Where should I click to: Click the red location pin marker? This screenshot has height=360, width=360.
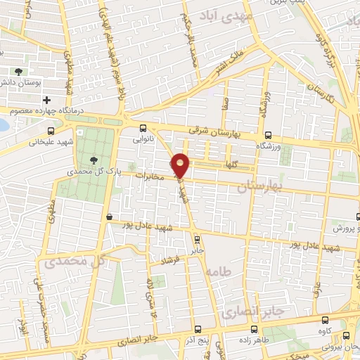[x=181, y=165]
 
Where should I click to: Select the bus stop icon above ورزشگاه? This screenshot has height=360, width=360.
[x=267, y=135]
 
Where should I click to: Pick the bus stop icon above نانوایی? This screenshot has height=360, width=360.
[x=143, y=128]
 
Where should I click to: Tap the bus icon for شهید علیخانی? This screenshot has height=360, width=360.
[x=50, y=131]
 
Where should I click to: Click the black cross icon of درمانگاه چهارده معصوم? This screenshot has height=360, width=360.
[x=47, y=101]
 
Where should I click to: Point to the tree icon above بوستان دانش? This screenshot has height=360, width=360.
[x=19, y=72]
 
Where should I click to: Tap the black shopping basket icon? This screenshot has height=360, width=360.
[x=108, y=217]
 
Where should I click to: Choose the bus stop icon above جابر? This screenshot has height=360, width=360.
[x=196, y=238]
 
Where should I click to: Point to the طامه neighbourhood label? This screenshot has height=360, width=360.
[x=220, y=269]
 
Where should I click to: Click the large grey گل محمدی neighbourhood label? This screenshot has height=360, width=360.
[x=78, y=261]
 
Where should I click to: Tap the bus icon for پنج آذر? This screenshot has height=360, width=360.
[x=198, y=329]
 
